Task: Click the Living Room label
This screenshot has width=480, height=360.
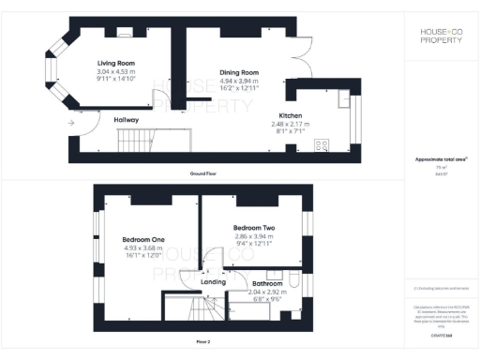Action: pos(117,63)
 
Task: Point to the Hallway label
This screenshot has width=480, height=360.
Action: pos(127,120)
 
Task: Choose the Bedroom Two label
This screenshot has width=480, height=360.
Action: pos(253,228)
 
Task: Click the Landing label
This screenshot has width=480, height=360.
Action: pos(213,280)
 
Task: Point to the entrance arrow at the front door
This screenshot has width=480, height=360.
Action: pos(71,123)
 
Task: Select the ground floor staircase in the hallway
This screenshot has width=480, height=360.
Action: pos(137,142)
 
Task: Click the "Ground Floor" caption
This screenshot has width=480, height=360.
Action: pos(204,174)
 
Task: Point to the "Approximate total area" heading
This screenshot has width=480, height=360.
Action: pos(440,159)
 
